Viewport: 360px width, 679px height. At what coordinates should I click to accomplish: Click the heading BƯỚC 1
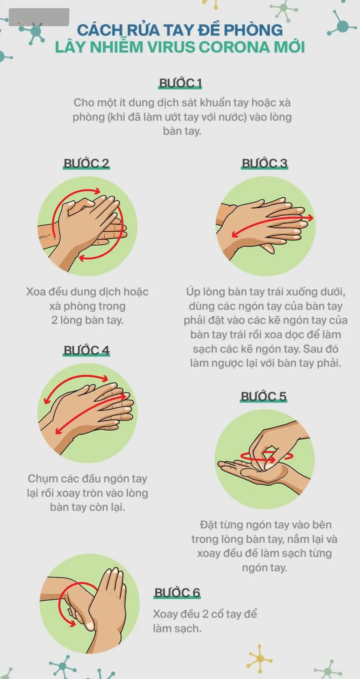[180, 83]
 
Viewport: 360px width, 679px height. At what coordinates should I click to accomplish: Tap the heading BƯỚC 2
[86, 163]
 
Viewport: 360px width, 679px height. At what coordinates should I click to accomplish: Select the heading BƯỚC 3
[264, 163]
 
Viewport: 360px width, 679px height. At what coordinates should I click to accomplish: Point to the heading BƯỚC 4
[86, 350]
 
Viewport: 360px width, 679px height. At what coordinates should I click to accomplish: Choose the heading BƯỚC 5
[263, 396]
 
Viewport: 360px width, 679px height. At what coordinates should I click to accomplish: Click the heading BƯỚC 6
[177, 593]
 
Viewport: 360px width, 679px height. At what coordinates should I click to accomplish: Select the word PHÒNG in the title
[253, 30]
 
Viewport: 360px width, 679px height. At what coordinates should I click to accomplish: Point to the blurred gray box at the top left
[39, 17]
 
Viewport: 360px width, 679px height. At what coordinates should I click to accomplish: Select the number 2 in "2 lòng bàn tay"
[54, 320]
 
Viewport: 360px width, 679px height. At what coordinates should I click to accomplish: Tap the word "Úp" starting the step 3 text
[193, 292]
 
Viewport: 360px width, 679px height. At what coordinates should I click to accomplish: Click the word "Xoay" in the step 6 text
[166, 614]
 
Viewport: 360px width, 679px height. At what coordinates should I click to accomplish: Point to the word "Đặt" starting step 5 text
[209, 525]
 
